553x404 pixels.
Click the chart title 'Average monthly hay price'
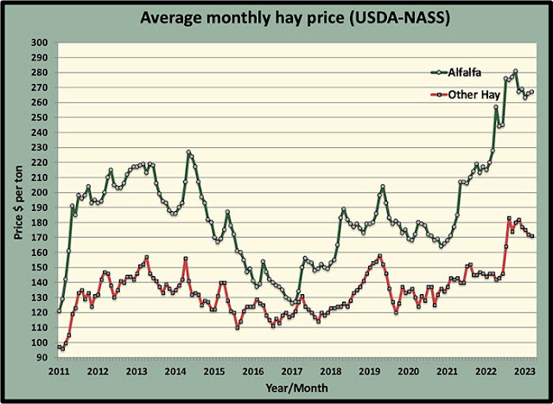pos(276,18)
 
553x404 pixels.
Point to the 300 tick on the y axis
pos(40,42)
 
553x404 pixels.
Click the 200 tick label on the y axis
pos(40,192)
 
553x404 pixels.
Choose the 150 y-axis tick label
pos(40,267)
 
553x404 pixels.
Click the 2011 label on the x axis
pos(59,371)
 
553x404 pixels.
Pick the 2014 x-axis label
pos(175,371)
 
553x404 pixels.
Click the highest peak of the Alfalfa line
pos(515,71)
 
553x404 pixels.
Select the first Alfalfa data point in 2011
pos(59,311)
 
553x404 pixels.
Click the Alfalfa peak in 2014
pos(189,152)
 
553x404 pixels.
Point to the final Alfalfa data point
pos(532,92)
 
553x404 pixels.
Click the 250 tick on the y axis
pos(40,118)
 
